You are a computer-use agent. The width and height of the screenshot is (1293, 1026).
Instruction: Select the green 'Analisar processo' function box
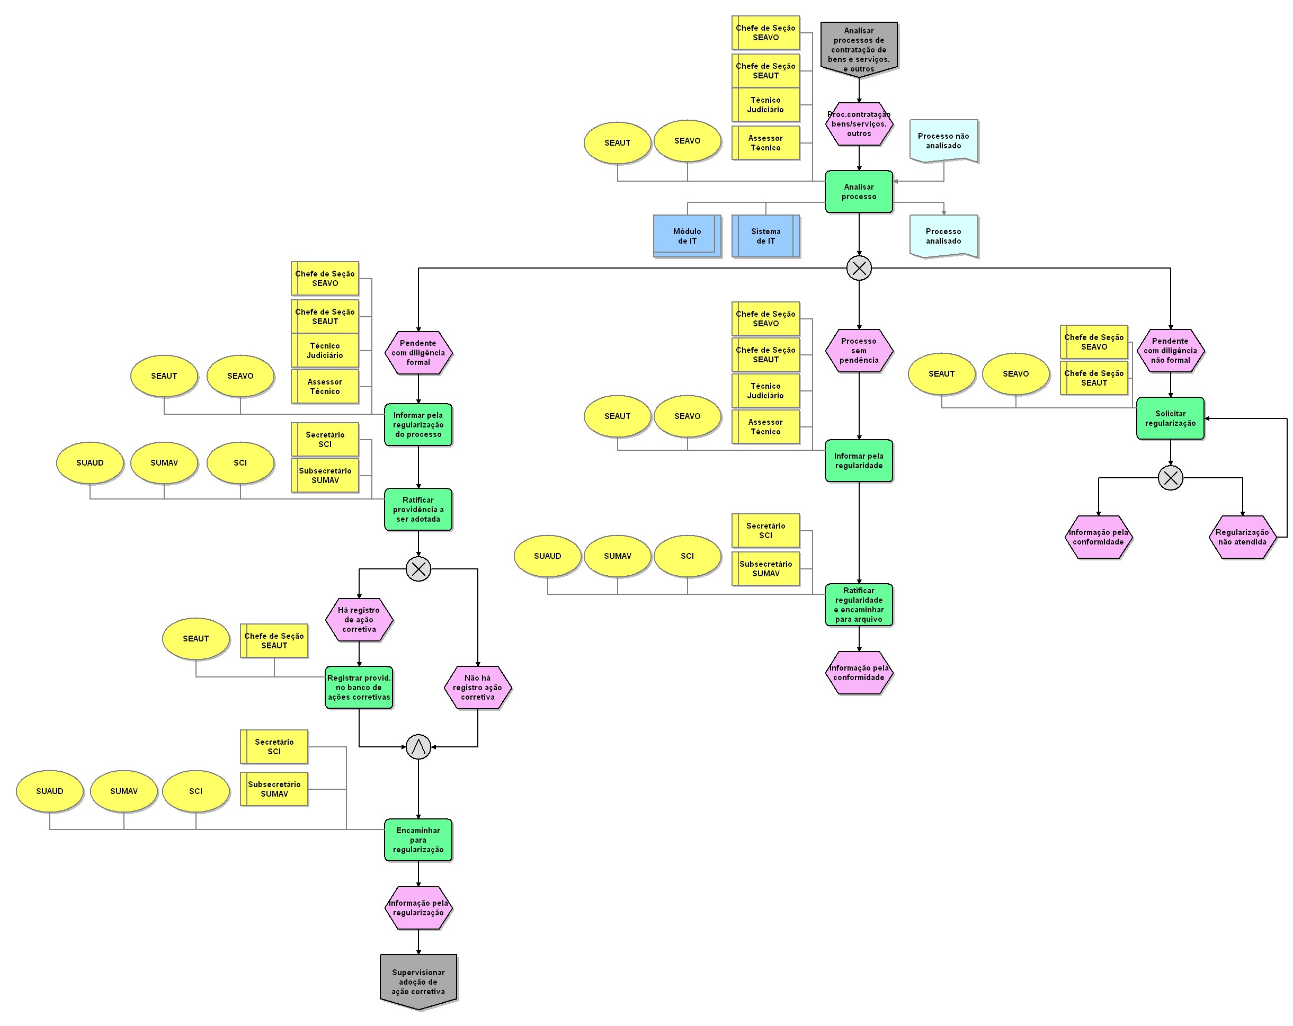click(x=859, y=191)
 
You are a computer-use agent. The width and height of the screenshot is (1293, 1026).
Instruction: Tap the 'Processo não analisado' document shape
click(x=943, y=141)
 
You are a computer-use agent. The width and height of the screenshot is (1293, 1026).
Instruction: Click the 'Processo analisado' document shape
click(x=943, y=236)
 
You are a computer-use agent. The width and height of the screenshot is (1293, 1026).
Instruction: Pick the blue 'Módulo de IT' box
click(x=686, y=236)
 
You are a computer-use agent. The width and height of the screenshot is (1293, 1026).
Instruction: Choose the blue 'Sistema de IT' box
click(x=765, y=236)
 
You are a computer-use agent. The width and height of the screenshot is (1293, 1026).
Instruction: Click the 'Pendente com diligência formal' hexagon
click(x=418, y=353)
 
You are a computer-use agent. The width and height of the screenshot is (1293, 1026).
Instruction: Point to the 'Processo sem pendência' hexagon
click(x=859, y=350)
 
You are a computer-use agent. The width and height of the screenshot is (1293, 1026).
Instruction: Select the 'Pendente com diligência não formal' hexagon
click(x=1170, y=350)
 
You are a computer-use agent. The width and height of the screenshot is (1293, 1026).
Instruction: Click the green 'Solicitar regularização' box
click(x=1170, y=418)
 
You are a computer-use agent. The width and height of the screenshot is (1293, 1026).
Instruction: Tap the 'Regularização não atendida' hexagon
click(x=1242, y=537)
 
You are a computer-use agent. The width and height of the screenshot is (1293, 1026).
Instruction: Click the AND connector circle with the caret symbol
click(x=418, y=746)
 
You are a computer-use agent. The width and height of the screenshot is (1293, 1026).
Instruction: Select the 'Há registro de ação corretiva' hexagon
click(x=359, y=619)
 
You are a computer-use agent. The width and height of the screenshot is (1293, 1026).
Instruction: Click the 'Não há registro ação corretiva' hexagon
click(x=477, y=687)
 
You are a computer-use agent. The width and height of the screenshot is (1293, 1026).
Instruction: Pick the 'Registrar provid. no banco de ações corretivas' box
click(x=359, y=687)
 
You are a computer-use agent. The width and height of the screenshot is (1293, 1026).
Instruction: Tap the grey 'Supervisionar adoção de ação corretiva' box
click(x=418, y=981)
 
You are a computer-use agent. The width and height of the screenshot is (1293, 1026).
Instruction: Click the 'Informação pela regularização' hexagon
click(x=418, y=907)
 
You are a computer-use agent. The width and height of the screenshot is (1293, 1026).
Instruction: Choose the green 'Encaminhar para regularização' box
click(x=418, y=840)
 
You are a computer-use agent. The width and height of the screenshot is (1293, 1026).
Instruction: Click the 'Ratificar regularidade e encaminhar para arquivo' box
click(x=859, y=604)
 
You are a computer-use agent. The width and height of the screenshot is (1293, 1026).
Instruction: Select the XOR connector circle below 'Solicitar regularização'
click(x=1170, y=478)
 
